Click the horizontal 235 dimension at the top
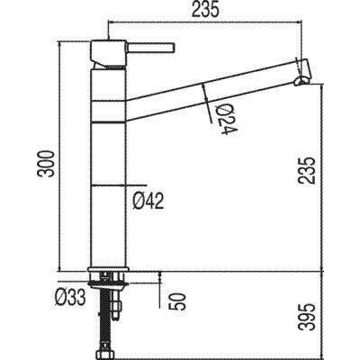click(x=205, y=10)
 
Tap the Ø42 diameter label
click(x=148, y=201)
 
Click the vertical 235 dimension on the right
click(x=308, y=170)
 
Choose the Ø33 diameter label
click(x=70, y=298)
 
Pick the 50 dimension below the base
click(x=179, y=301)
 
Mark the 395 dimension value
click(x=308, y=317)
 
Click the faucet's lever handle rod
click(x=151, y=48)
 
